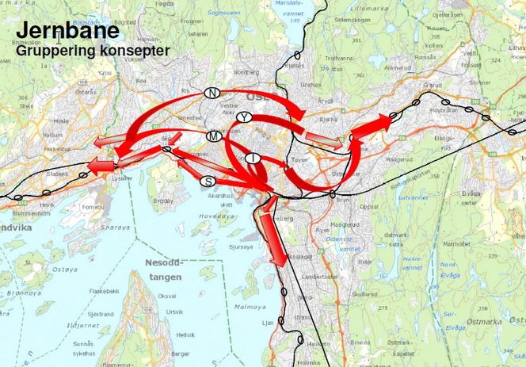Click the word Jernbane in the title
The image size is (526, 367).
(68, 31)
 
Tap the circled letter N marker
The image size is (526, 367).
(212, 93)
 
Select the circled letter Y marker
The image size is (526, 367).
(246, 117)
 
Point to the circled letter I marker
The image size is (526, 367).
(252, 158)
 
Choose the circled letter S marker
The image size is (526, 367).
(208, 181)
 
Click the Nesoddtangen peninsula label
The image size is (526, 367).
(163, 270)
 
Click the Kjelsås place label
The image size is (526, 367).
(294, 67)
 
